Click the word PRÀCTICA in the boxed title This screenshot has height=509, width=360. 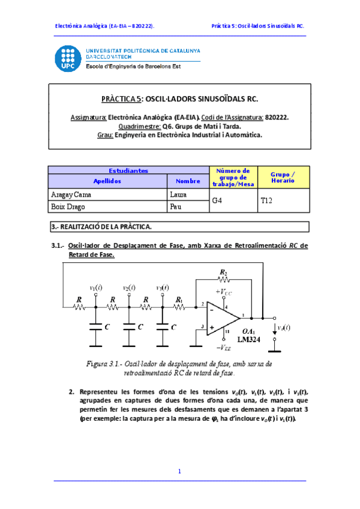click(117, 98)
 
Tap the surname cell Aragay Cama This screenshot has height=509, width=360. click(71, 195)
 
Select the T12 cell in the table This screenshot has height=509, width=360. click(267, 201)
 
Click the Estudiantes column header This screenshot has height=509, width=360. click(128, 170)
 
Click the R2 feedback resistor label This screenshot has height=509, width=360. click(223, 273)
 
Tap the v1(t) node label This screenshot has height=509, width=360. click(95, 288)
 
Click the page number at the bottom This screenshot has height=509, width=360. click(179, 472)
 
